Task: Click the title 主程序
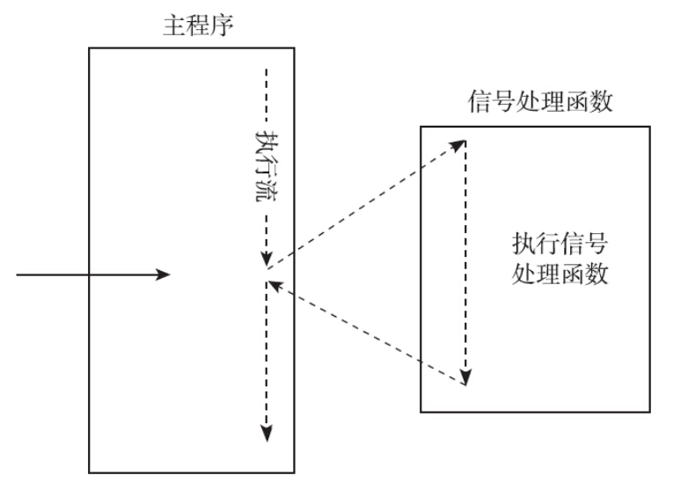click(191, 26)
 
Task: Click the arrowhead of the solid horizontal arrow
click(164, 275)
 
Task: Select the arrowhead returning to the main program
click(273, 285)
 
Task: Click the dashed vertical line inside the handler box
click(466, 264)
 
